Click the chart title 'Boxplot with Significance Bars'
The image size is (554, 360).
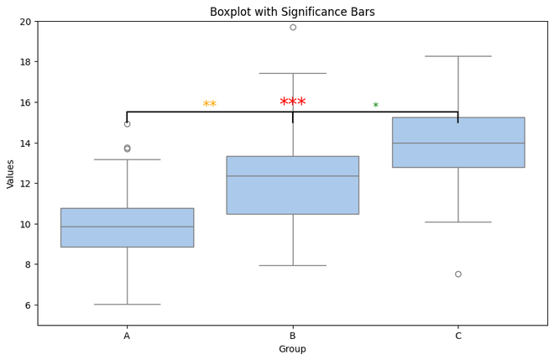coord(292,12)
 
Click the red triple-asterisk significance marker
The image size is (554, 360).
coord(292,102)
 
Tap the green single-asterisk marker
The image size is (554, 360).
coord(375,107)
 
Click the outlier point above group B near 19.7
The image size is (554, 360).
coord(293,27)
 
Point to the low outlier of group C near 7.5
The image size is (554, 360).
coord(458,274)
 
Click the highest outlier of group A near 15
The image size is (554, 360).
coord(128,123)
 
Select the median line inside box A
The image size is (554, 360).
coord(128,227)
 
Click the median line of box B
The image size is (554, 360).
coord(293,176)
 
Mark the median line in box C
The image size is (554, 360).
coord(458,143)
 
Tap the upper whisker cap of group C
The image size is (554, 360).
coord(458,56)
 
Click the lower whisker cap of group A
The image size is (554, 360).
coord(128,305)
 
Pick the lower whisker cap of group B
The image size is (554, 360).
coord(293,265)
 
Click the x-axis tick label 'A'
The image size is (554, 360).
coord(128,336)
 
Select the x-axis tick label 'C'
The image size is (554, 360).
coord(458,336)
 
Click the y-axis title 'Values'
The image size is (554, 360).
coord(10,174)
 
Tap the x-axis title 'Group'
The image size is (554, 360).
coord(292,349)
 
